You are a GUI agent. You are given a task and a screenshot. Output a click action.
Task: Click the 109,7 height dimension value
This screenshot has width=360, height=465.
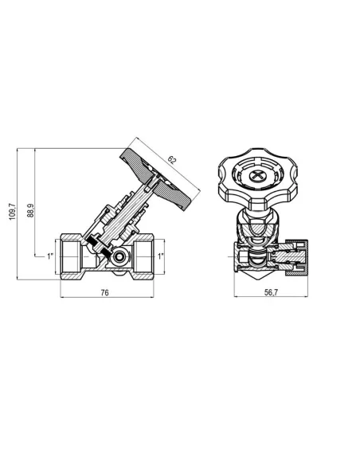click(12, 212)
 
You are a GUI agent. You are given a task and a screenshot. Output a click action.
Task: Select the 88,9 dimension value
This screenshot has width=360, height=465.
click(30, 210)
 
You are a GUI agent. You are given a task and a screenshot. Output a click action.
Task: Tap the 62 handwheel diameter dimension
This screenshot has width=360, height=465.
click(172, 160)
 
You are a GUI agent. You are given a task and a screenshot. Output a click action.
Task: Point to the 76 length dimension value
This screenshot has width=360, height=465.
click(104, 293)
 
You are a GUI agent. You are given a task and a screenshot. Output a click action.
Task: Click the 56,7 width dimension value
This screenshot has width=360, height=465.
click(271, 292)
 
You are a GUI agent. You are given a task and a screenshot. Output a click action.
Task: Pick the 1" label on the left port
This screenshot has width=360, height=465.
click(50, 256)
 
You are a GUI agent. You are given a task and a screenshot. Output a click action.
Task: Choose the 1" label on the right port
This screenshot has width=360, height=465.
click(161, 256)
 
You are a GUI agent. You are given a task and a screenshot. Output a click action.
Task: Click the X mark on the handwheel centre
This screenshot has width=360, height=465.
click(256, 175)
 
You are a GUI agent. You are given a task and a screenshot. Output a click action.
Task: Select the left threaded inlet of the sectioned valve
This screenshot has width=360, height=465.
click(71, 257)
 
